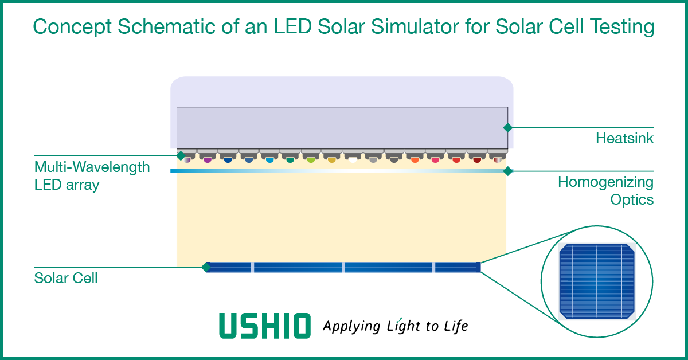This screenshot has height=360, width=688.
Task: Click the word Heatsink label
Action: click(x=624, y=138)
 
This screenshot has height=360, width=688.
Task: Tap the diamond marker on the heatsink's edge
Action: click(x=507, y=127)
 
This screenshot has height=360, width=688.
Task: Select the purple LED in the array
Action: click(x=207, y=160)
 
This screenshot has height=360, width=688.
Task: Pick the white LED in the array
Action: click(x=352, y=160)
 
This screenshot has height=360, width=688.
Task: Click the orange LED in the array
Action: click(x=415, y=160)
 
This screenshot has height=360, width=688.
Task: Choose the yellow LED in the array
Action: click(x=331, y=160)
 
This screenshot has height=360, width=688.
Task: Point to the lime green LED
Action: click(x=311, y=160)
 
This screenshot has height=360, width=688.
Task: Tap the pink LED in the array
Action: click(x=435, y=160)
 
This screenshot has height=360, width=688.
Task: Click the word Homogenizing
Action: click(x=605, y=182)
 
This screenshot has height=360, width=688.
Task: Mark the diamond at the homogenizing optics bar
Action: click(x=507, y=171)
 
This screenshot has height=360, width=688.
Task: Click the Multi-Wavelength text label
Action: click(x=92, y=167)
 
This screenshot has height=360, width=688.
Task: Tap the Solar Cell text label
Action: click(x=66, y=279)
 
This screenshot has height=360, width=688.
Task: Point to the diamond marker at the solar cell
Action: click(x=206, y=267)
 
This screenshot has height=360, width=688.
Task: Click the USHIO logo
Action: click(x=264, y=326)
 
